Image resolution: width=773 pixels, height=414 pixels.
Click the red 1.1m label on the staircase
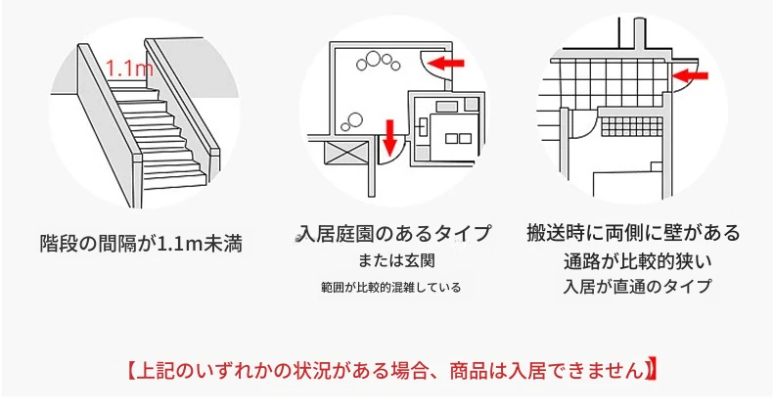[x=130, y=68]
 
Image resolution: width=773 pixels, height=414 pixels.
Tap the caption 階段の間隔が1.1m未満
[x=141, y=244]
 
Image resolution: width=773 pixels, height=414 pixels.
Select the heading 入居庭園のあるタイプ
[x=395, y=233]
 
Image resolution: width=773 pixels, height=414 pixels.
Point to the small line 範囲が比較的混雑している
[x=391, y=287]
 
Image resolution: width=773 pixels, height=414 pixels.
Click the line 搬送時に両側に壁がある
[x=633, y=233]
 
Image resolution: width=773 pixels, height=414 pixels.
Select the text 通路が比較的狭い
[x=638, y=261]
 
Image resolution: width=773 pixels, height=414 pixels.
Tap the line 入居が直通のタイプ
[x=637, y=287]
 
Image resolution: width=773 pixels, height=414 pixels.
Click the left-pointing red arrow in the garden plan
[x=446, y=63]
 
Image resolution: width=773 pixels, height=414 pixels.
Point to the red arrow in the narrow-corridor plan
[x=690, y=76]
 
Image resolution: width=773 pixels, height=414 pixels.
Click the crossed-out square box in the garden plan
[x=345, y=153]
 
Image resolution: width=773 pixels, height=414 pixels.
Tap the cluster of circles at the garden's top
[x=378, y=61]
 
